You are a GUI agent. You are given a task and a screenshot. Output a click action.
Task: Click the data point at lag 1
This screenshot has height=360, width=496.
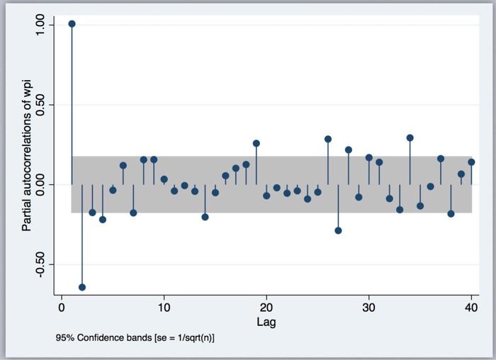coord(72,23)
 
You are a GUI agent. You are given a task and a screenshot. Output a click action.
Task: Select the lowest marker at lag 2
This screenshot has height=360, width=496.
coord(82,287)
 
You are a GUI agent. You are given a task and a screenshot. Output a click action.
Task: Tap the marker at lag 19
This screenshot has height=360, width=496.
coord(257,143)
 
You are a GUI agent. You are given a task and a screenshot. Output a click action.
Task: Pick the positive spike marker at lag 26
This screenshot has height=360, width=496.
coord(328,139)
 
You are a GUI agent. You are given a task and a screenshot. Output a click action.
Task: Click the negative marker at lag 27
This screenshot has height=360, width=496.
coord(338,230)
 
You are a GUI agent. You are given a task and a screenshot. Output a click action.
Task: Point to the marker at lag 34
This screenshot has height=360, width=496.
coord(410,137)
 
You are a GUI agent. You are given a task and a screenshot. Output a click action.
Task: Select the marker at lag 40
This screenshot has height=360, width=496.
coord(471,162)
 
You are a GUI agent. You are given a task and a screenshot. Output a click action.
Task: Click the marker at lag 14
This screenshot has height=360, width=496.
coord(205,217)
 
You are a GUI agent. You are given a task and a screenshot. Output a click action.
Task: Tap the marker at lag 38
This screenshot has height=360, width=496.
coord(451,213)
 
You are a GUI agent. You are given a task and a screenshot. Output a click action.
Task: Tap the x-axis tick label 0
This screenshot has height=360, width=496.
coord(62,308)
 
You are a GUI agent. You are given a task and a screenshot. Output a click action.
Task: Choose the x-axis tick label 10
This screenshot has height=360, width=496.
coord(164,308)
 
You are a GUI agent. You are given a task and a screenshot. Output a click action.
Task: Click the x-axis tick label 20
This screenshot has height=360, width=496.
coord(266,308)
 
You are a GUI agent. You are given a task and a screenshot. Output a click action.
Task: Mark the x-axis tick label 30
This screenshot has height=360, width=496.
coord(368,308)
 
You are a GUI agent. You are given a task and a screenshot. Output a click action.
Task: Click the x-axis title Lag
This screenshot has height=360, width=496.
coord(266,322)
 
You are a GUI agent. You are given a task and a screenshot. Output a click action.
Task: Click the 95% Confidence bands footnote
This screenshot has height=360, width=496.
coord(135,338)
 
